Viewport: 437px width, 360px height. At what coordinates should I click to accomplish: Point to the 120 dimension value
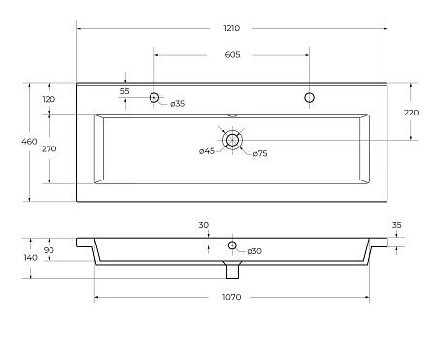(49, 99)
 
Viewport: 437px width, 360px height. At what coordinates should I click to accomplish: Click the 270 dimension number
(49, 149)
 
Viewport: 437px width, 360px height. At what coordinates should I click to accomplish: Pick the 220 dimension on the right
(412, 113)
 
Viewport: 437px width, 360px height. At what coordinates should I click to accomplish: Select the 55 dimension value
(125, 90)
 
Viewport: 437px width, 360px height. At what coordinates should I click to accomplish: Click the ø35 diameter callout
(178, 104)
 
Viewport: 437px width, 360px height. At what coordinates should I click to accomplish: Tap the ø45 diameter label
(207, 151)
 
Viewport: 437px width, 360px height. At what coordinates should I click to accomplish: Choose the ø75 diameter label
(260, 154)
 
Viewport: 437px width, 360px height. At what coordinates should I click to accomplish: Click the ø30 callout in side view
(254, 251)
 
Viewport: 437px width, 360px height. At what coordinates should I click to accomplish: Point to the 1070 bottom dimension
(232, 295)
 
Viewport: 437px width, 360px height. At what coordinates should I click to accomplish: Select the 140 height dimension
(30, 257)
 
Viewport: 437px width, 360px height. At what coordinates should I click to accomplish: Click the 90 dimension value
(49, 251)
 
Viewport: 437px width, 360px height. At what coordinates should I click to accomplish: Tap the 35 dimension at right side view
(397, 225)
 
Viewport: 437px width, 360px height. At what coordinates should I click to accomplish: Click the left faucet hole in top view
(154, 97)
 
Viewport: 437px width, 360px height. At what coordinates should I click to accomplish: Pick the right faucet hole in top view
(310, 97)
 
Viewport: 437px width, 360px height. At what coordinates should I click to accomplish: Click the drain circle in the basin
(232, 140)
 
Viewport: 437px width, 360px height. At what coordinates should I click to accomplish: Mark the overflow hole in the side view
(232, 245)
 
